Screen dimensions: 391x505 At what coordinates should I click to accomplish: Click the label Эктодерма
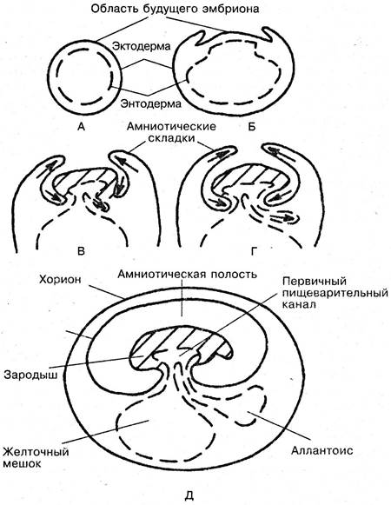coord(141,46)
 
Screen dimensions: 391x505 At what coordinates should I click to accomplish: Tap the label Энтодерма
coord(151,103)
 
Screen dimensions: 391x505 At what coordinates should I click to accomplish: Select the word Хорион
coord(60,279)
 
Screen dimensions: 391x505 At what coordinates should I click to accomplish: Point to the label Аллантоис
coord(321,450)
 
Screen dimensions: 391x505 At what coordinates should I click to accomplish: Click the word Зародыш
coord(30,375)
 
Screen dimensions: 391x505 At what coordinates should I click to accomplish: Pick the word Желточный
coord(36,451)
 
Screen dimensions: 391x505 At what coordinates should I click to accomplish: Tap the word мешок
coord(23,464)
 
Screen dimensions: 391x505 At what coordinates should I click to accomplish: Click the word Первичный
coord(315,281)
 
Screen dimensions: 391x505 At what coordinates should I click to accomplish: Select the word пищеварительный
coord(335,294)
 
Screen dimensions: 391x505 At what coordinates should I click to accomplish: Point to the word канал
coord(298,304)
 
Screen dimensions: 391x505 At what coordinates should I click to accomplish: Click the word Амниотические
coord(171,126)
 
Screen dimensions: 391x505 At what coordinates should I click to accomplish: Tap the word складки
coord(171,138)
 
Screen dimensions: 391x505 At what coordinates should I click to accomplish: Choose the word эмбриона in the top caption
coord(230,9)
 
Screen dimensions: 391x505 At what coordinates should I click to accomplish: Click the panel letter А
coord(81,127)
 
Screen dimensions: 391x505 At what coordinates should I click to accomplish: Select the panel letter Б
coord(252,127)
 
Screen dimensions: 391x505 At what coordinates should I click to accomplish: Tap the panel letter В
coord(81,251)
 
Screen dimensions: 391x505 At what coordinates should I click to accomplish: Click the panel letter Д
coord(189,495)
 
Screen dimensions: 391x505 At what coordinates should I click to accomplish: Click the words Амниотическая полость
coord(187,275)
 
